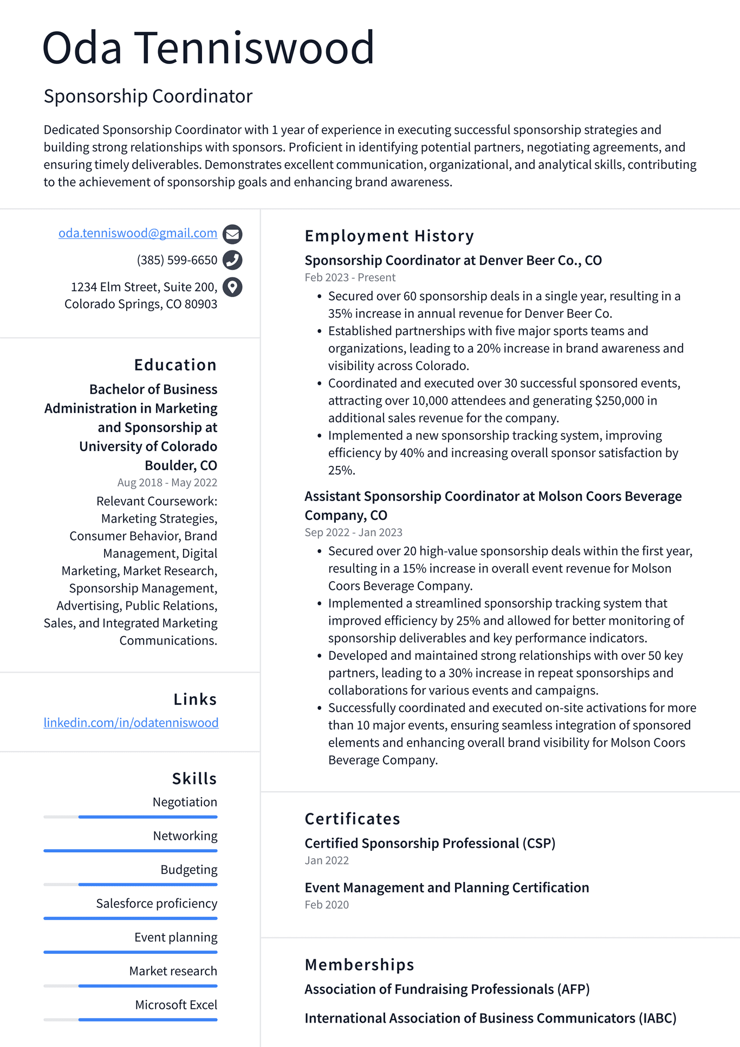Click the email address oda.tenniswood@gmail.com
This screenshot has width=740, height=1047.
(x=138, y=233)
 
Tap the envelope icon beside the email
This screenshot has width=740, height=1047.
(x=232, y=234)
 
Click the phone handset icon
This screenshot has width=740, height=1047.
(x=232, y=260)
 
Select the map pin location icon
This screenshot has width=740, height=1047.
(x=232, y=287)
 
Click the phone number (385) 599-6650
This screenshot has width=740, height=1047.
(x=177, y=260)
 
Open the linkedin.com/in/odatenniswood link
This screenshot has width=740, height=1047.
(x=131, y=723)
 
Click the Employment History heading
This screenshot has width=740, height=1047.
(x=389, y=236)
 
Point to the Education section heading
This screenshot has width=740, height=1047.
(x=175, y=365)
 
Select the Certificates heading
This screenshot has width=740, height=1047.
(x=352, y=819)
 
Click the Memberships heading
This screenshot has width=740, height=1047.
(x=359, y=965)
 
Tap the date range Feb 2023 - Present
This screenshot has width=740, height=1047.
(x=350, y=278)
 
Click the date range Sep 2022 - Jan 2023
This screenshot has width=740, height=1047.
(x=353, y=532)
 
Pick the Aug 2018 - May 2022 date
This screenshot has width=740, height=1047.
(x=167, y=483)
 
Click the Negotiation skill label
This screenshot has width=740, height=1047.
(x=185, y=802)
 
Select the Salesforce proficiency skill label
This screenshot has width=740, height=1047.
(x=157, y=903)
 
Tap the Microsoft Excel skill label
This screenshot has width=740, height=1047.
(x=176, y=1005)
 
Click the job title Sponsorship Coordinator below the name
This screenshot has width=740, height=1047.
(x=148, y=96)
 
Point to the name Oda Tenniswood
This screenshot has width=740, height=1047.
(x=209, y=48)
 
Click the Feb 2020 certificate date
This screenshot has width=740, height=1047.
(x=327, y=904)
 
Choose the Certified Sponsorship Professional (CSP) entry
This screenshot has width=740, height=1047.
(x=430, y=843)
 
